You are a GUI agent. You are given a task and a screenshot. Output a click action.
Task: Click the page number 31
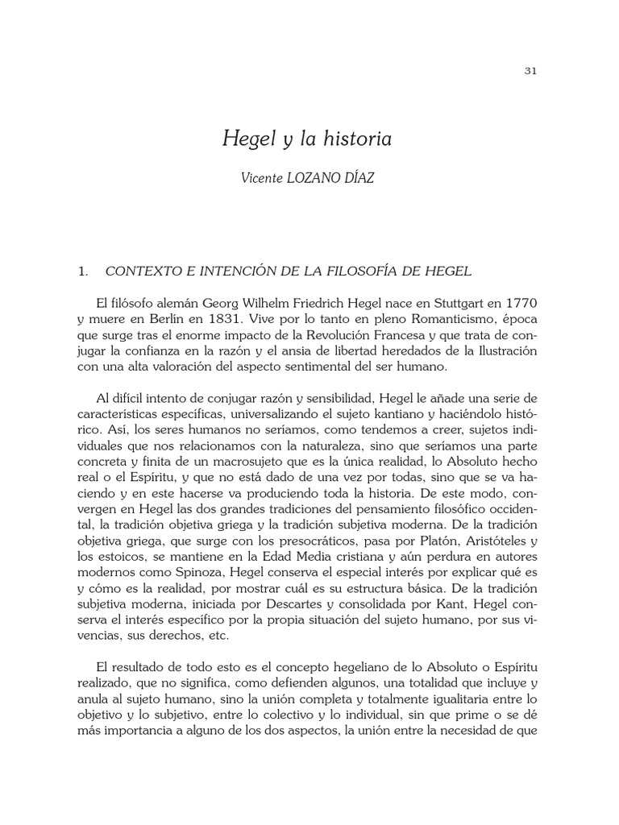pyautogui.click(x=530, y=71)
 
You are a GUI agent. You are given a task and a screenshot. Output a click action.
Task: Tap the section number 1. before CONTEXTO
pyautogui.click(x=82, y=272)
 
